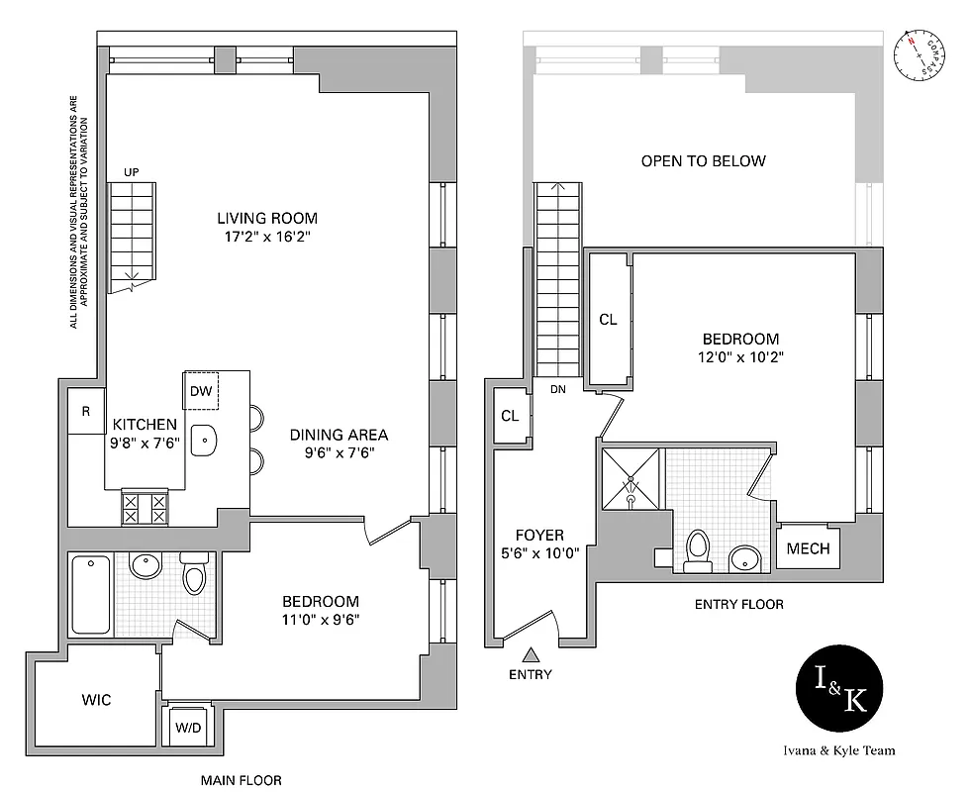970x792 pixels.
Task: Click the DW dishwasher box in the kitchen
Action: click(x=201, y=391)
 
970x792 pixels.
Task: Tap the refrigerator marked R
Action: click(x=86, y=413)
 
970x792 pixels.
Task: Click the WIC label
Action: click(x=96, y=700)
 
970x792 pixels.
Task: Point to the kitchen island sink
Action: click(x=205, y=441)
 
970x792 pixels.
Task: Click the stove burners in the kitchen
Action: click(x=144, y=508)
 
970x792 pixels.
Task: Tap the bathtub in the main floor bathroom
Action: click(x=91, y=594)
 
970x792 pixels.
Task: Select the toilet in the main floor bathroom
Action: click(x=194, y=575)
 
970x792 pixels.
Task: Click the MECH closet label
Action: click(x=809, y=549)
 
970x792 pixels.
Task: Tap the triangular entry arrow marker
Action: click(x=532, y=654)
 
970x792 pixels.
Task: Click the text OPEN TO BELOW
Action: click(x=703, y=160)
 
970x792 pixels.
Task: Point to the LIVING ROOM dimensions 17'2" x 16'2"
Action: click(x=268, y=238)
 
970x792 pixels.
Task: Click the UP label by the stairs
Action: click(x=131, y=173)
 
